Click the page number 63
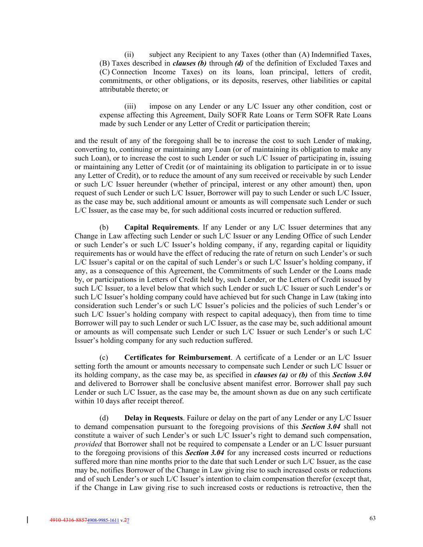(x=372, y=519)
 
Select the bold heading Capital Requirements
(x=161, y=228)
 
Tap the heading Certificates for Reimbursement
(x=177, y=357)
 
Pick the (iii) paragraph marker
(x=130, y=107)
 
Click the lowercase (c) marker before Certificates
(x=104, y=357)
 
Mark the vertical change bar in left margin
(x=27, y=520)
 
